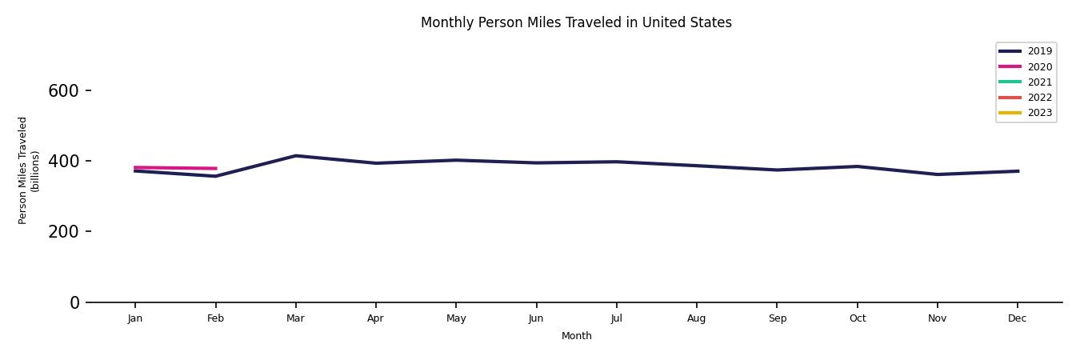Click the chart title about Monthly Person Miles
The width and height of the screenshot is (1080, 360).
tap(576, 22)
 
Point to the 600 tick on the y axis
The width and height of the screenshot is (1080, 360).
tap(63, 91)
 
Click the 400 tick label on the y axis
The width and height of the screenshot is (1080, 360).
tap(63, 162)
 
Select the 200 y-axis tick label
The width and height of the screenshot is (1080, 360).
tap(63, 232)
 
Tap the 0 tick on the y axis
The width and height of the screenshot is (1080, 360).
tap(74, 302)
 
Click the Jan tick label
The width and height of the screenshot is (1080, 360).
tap(135, 318)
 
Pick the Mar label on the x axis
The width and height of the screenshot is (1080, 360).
tap(295, 318)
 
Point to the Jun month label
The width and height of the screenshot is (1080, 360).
tap(536, 318)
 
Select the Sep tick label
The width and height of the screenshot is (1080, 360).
tap(777, 318)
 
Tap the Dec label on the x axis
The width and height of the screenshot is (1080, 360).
tap(1017, 318)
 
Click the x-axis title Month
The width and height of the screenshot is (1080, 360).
tap(576, 336)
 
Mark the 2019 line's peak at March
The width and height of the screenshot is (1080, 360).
tap(295, 156)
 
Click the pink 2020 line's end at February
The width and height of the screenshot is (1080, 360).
tap(215, 169)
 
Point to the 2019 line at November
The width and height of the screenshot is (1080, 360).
tap(937, 174)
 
